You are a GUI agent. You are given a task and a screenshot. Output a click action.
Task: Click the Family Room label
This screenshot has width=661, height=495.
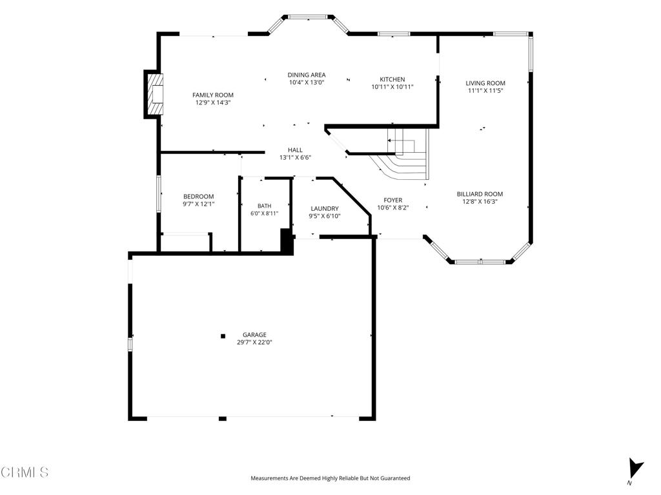point(213,95)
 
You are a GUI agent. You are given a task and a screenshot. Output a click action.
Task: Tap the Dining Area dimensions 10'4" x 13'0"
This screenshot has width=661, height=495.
point(307,82)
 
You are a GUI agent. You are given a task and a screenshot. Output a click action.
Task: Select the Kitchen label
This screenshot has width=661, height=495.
point(392,79)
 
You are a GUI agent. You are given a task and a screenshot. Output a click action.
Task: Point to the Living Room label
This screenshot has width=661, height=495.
point(485,83)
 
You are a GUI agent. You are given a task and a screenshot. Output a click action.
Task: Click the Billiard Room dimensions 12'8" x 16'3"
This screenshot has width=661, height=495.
point(480,202)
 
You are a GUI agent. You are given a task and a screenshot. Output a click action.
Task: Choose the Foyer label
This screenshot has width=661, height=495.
point(393,200)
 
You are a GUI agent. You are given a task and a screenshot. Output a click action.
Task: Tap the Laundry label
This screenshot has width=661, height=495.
point(325,208)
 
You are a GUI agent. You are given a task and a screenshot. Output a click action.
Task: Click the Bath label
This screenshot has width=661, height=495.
point(264,206)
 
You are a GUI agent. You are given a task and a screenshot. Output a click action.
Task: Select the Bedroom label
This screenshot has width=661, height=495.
point(199,196)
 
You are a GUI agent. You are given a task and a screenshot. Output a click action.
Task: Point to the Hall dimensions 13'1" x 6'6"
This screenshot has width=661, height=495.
point(295,157)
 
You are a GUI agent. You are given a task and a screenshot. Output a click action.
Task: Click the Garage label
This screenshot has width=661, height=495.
point(254,335)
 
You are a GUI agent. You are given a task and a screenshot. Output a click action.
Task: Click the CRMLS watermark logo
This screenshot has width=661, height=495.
point(25,472)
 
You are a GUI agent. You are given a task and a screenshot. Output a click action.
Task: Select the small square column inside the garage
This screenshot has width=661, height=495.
point(223,336)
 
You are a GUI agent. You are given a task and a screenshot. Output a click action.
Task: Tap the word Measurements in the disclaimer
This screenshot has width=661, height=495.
point(269,478)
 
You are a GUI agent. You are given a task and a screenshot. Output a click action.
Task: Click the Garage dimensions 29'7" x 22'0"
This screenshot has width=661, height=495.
point(254,342)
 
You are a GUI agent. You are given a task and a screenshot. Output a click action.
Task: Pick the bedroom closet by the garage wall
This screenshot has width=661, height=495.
point(186,242)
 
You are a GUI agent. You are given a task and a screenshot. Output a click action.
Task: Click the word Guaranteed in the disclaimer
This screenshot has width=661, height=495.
point(395,478)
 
